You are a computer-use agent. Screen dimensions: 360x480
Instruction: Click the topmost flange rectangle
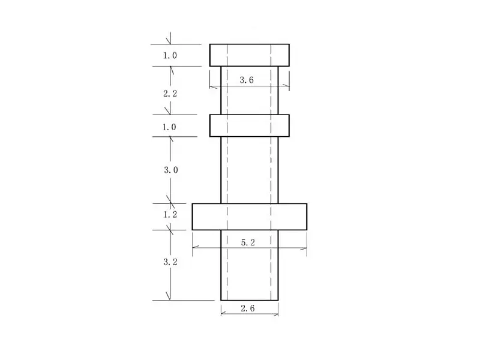250,55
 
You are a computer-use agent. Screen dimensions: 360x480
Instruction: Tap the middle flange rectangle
250,125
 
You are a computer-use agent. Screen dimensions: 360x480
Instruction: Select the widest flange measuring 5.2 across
250,217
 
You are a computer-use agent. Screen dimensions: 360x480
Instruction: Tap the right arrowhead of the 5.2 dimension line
305,248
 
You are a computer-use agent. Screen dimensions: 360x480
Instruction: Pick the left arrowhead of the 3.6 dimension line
211,86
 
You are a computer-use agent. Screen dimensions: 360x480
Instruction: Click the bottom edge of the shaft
250,300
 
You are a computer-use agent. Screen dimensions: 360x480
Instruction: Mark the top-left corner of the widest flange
193,204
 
